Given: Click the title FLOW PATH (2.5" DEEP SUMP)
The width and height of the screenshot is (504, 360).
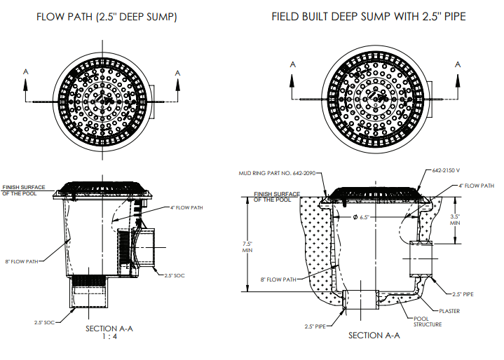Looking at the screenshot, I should tap(107, 16).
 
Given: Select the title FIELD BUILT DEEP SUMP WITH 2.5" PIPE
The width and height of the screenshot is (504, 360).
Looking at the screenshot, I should tap(368, 16).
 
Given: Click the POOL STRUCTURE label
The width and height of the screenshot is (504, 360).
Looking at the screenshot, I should tap(427, 321).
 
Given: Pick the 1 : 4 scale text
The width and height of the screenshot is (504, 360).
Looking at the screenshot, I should tap(106, 336).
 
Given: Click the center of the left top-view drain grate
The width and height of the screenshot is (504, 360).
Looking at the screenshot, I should tap(101, 102).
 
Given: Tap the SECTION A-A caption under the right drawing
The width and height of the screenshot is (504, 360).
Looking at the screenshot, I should tap(374, 335).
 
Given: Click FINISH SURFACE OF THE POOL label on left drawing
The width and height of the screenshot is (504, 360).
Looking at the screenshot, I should tap(24, 190).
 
